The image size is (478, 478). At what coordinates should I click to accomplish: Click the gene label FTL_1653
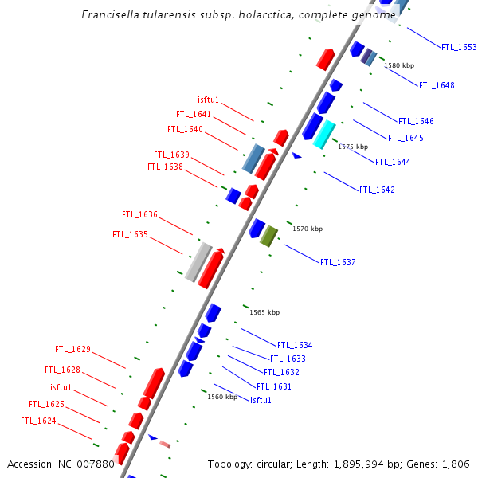click(459, 48)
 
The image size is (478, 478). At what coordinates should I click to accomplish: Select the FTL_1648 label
click(437, 86)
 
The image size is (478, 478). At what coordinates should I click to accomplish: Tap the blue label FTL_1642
click(377, 190)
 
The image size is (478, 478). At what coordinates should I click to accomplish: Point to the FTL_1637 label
click(338, 263)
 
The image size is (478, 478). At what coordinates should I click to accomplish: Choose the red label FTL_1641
click(194, 115)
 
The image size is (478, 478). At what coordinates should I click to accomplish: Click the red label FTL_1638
click(165, 167)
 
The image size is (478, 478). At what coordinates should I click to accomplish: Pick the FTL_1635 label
click(130, 235)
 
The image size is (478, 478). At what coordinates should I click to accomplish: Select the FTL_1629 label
click(72, 350)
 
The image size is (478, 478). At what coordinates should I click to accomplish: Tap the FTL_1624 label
click(38, 421)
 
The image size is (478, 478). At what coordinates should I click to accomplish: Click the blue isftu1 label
click(261, 400)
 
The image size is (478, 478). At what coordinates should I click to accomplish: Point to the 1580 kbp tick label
click(399, 65)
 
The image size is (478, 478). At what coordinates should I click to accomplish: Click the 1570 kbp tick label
click(308, 229)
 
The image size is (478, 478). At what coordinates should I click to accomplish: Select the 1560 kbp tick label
click(222, 397)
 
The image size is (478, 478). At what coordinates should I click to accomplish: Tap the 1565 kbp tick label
click(265, 313)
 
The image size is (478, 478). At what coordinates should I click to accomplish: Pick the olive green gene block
click(268, 236)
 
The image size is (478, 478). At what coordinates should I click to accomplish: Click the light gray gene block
click(198, 262)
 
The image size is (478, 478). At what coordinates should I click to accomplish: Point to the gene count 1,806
click(456, 464)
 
